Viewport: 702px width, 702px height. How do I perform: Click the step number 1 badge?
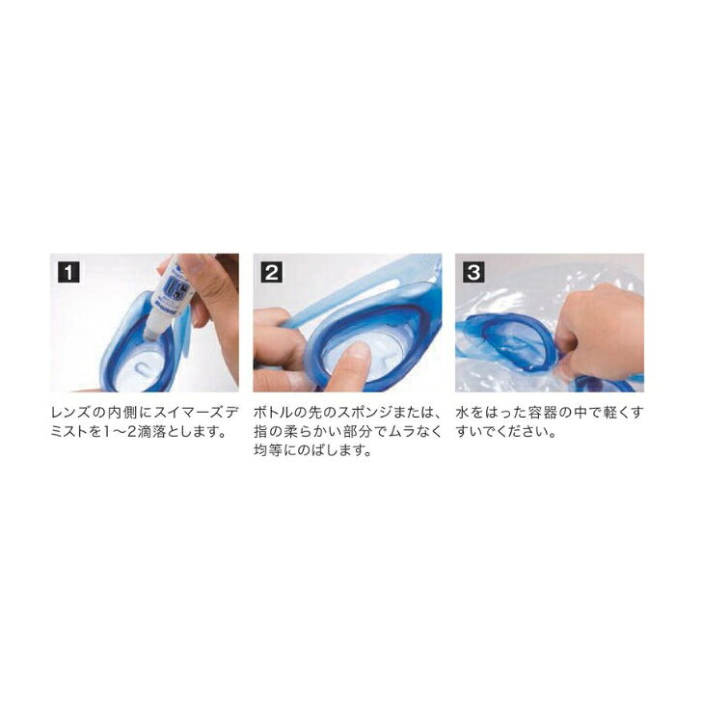click(68, 272)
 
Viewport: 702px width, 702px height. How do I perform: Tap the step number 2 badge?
click(271, 272)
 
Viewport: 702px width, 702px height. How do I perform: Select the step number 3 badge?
click(473, 272)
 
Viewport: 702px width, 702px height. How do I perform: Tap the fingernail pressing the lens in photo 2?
click(357, 351)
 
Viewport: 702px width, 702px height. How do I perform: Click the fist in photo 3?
click(596, 332)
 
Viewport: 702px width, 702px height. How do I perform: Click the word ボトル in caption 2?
click(269, 413)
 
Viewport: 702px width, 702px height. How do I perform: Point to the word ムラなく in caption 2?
click(413, 432)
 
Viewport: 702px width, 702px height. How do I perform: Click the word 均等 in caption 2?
click(269, 450)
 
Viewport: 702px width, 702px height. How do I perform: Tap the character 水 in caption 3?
click(463, 413)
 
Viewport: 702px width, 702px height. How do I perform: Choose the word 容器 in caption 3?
click(544, 413)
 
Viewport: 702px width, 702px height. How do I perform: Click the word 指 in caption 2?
click(261, 432)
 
